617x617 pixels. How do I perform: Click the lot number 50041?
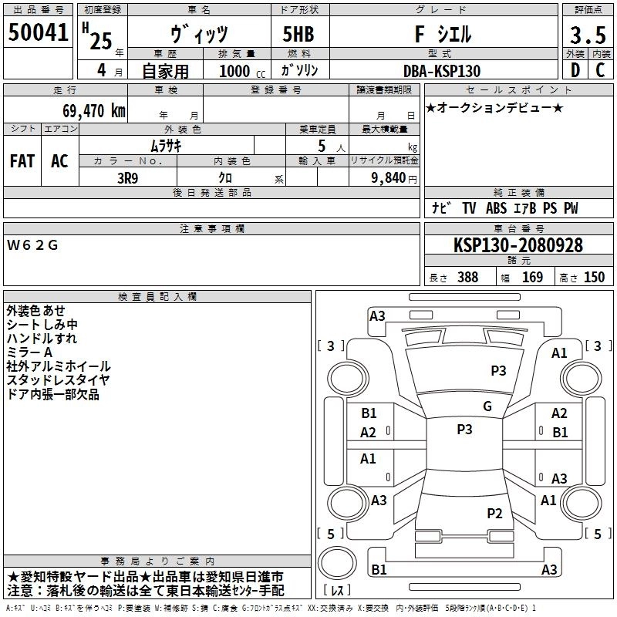pos(38,34)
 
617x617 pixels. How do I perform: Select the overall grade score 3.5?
pos(586,35)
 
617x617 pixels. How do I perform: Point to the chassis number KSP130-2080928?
pos(518,245)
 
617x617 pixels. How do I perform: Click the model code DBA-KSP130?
pos(441,71)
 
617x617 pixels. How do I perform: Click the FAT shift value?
pos(22,161)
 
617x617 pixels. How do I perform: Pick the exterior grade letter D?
pos(575,70)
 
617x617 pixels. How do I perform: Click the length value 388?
pos(468,278)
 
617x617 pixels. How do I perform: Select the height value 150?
pos(595,278)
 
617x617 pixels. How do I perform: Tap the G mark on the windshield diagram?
pos(487,406)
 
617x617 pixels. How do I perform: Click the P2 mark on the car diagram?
pos(494,513)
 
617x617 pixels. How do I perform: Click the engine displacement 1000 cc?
pos(234,71)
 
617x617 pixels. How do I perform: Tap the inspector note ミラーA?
pos(30,352)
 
